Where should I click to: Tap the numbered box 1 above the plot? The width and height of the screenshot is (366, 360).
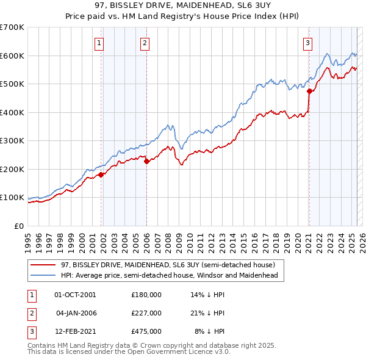tap(99, 43)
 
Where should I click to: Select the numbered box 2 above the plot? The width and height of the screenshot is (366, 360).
tap(145, 43)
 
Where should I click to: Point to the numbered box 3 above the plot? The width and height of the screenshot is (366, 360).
tap(308, 43)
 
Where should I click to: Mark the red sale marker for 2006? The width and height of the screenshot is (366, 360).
tap(146, 162)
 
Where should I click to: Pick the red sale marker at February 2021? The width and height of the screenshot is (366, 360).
tap(309, 92)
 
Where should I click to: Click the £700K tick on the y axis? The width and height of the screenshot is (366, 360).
tap(13, 27)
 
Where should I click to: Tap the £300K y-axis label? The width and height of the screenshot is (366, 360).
tap(13, 141)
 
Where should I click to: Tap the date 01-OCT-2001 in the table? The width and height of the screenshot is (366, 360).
tap(75, 295)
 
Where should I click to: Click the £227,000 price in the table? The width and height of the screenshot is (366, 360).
tap(146, 313)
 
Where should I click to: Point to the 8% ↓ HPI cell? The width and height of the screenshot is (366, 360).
tap(210, 331)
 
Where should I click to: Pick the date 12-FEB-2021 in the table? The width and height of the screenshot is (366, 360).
tap(75, 331)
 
